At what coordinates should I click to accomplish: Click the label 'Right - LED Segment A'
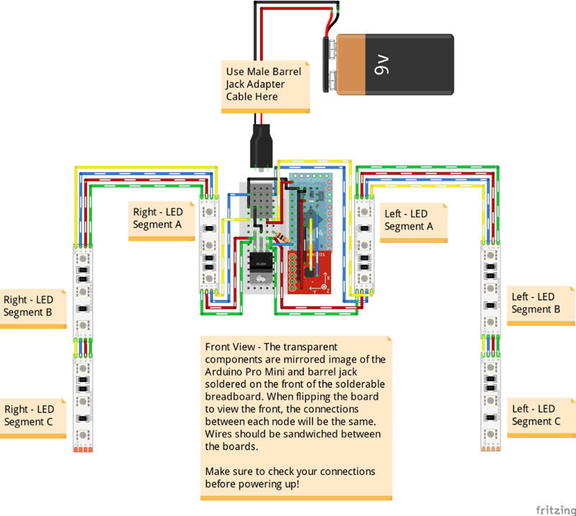158,219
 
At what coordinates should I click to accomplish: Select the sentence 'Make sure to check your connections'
290,471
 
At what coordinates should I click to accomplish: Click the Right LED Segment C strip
84,399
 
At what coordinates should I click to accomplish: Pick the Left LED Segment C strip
491,399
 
